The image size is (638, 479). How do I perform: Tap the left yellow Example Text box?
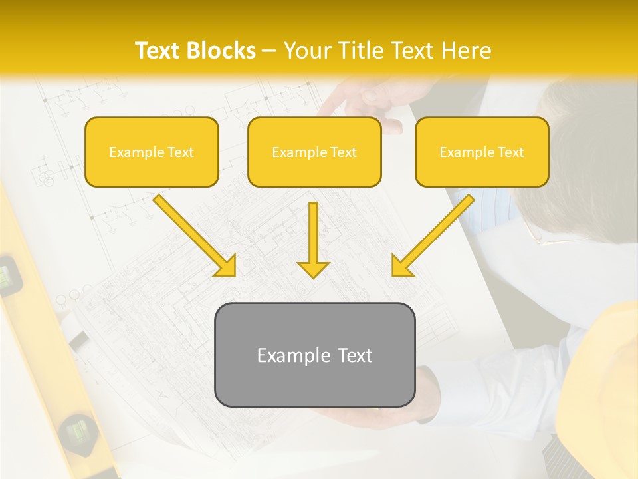(152, 152)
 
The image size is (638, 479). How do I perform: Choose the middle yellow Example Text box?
(314, 152)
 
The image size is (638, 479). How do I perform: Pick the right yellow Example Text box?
(482, 152)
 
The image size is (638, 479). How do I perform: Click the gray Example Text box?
(314, 355)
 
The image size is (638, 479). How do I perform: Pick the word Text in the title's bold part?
(159, 51)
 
